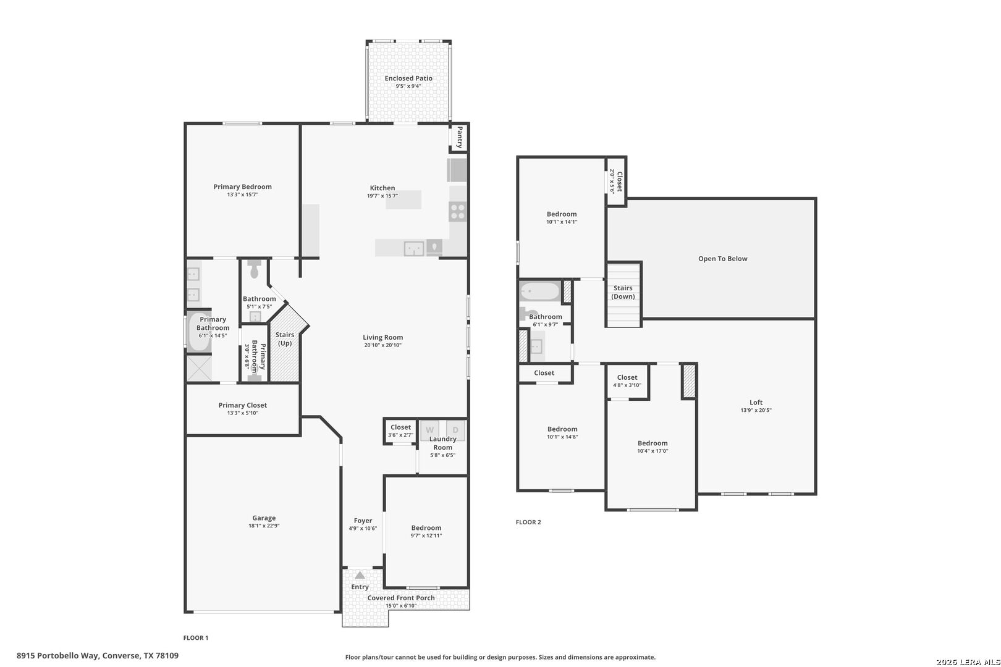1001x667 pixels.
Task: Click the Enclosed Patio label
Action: (x=408, y=78)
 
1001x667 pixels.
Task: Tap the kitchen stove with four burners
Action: (x=458, y=212)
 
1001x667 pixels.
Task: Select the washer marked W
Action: (x=429, y=430)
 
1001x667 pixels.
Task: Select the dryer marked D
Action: (x=455, y=430)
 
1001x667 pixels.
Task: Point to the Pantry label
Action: (x=459, y=138)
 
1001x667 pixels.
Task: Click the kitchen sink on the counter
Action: (x=414, y=248)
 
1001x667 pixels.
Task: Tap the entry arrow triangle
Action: (x=360, y=575)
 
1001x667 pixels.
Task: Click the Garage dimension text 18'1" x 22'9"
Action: (x=264, y=526)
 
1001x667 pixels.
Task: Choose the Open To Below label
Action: (x=722, y=259)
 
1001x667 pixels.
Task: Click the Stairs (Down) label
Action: (x=623, y=292)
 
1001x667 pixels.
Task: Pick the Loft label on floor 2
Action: (x=756, y=402)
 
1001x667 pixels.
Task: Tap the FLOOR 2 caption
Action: (x=528, y=522)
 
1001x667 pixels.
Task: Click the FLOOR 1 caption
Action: (x=196, y=637)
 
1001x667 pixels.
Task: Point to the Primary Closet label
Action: (x=243, y=405)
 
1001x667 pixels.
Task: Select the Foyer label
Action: (x=363, y=521)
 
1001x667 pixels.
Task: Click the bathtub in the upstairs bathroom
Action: (x=540, y=292)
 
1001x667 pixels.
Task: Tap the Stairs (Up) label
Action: (x=285, y=338)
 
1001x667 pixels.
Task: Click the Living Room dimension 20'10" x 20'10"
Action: (x=382, y=345)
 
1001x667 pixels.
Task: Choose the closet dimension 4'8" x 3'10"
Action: (x=627, y=385)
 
